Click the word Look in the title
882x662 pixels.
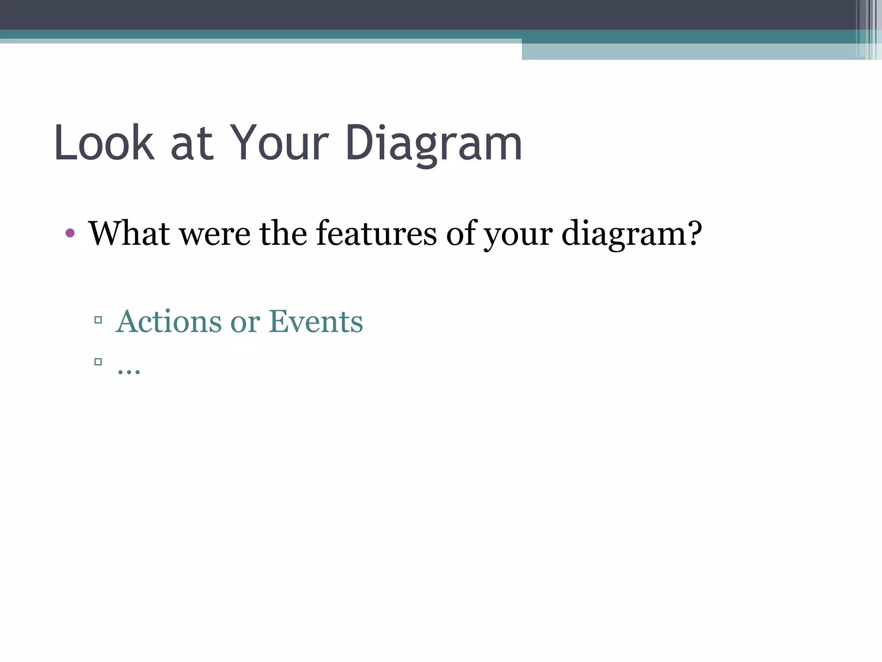[104, 143]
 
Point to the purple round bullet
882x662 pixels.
[70, 234]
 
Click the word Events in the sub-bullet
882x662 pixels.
[316, 322]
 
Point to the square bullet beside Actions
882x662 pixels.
[98, 320]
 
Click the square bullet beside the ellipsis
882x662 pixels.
[98, 362]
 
